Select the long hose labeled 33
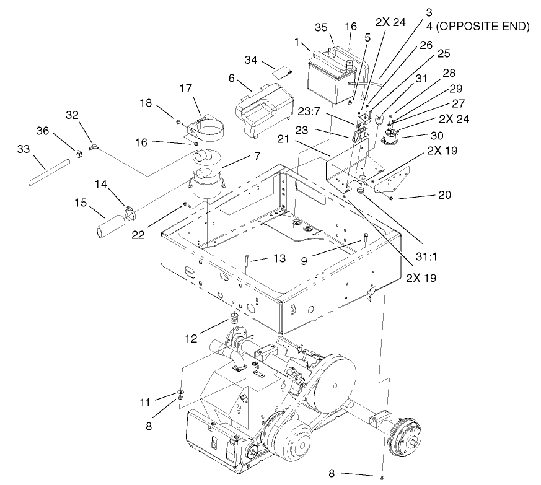(46, 174)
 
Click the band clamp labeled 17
(201, 126)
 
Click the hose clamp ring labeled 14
(131, 212)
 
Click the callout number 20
(444, 195)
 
